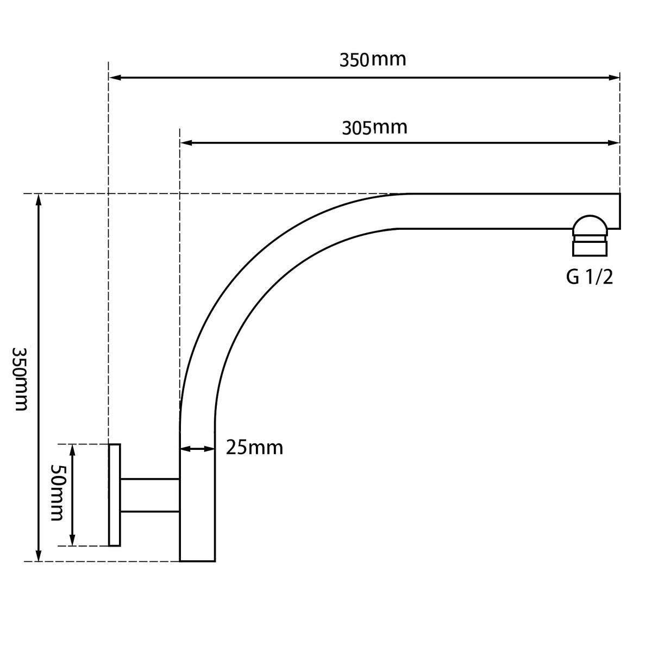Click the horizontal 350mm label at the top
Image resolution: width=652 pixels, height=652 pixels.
373,60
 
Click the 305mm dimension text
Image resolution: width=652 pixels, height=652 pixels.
374,128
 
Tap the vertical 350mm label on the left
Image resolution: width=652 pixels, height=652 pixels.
20,379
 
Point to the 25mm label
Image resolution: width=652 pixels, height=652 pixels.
254,448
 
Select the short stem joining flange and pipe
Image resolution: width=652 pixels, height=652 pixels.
150,496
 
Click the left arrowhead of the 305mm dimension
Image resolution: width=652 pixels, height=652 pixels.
186,143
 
